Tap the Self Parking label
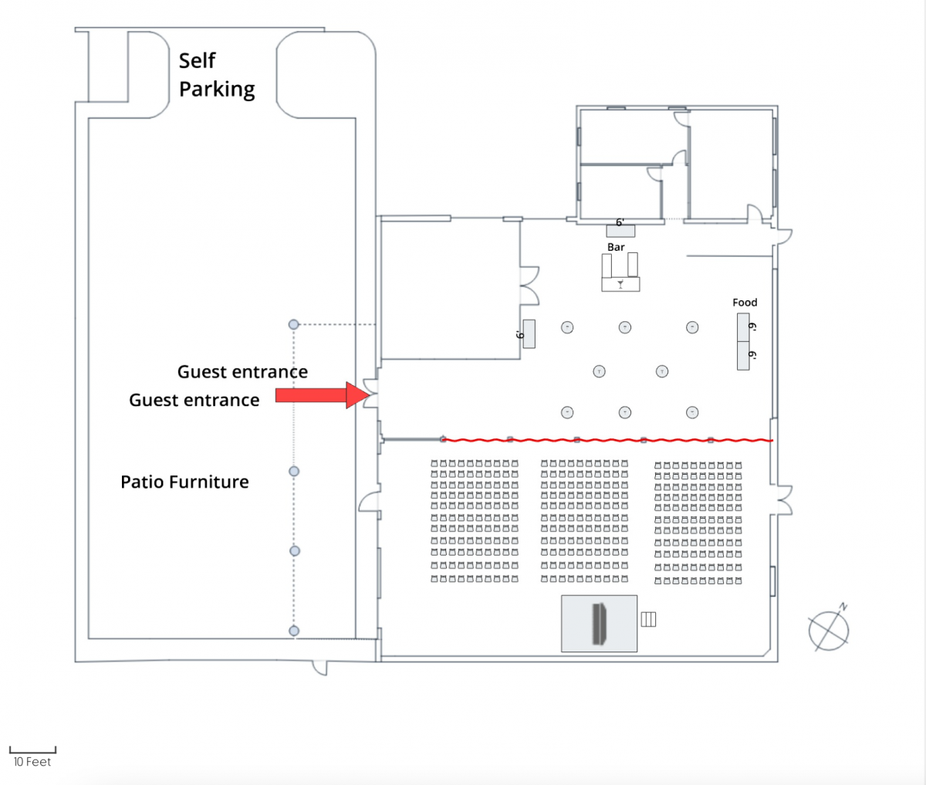click(217, 75)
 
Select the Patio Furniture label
click(184, 482)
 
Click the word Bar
click(616, 247)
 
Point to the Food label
click(745, 303)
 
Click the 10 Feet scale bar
click(32, 750)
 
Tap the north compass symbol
click(828, 628)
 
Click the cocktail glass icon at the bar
click(620, 284)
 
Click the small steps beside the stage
click(648, 618)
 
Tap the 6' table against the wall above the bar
click(620, 230)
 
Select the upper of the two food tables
click(743, 327)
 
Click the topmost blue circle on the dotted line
click(293, 324)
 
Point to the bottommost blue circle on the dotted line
click(293, 631)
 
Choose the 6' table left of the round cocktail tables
click(529, 333)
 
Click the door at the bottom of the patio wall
click(319, 668)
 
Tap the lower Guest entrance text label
click(194, 400)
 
